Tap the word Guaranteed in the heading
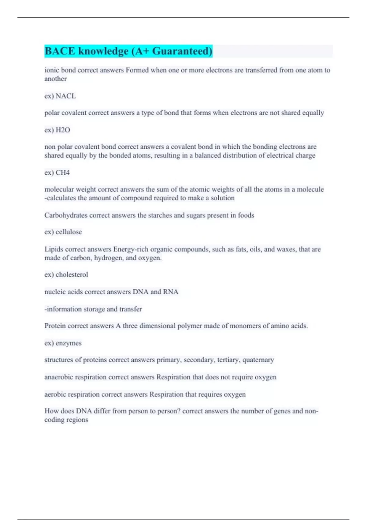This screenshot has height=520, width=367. pyautogui.click(x=182, y=51)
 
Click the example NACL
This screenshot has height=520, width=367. pyautogui.click(x=66, y=96)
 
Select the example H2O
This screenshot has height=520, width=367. pyautogui.click(x=63, y=130)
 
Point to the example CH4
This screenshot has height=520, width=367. pyautogui.click(x=63, y=173)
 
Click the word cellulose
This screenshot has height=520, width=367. pyautogui.click(x=69, y=232)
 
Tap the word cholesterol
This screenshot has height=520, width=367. pyautogui.click(x=72, y=274)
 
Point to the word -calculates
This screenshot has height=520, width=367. pyautogui.click(x=60, y=198)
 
